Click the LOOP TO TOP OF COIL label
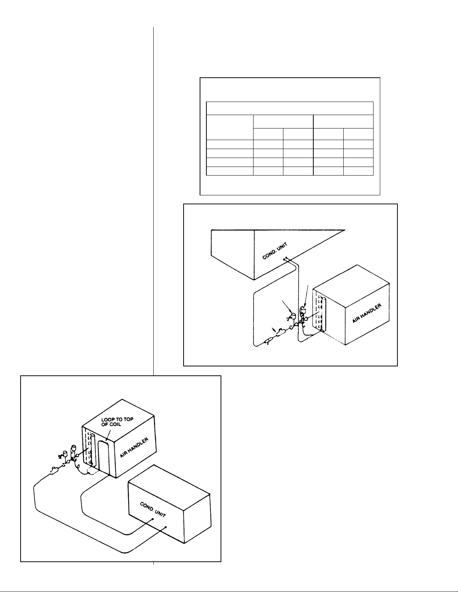click(x=117, y=422)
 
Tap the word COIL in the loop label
click(x=115, y=424)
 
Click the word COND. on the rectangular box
click(x=147, y=507)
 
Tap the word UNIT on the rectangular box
click(x=160, y=514)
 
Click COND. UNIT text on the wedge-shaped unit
click(x=275, y=251)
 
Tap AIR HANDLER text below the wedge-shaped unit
click(x=367, y=313)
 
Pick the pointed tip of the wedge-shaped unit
click(x=345, y=230)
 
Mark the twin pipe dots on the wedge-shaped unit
click(x=285, y=258)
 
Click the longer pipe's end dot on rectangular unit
click(x=166, y=527)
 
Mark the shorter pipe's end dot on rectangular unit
click(x=153, y=519)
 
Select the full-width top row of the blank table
click(x=289, y=108)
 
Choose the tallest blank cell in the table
click(x=230, y=127)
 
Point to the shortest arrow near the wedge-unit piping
click(x=274, y=330)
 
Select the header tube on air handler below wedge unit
click(x=324, y=313)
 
